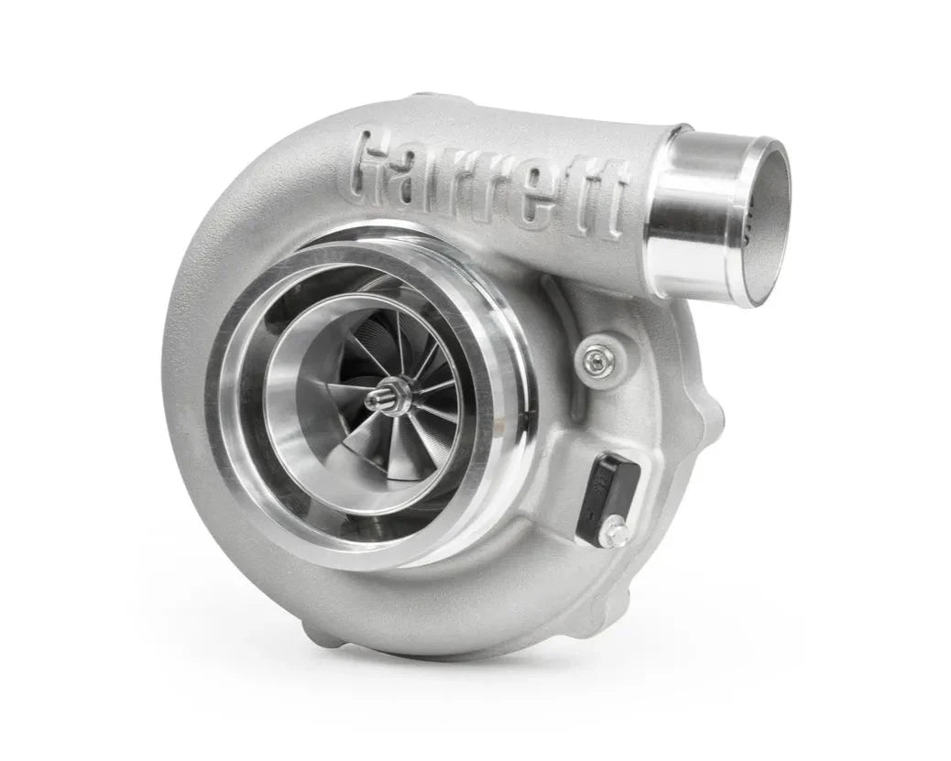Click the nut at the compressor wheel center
click(378, 398)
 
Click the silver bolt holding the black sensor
click(617, 530)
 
